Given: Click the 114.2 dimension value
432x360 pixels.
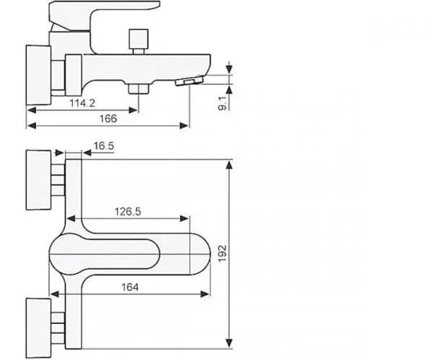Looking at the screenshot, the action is [82, 103].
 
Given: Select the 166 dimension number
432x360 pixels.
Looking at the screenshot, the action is [108, 119].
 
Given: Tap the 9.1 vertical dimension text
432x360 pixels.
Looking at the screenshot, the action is [222, 104].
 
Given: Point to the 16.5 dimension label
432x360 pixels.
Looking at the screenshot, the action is [104, 146].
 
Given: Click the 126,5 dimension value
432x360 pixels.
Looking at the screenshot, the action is [127, 212].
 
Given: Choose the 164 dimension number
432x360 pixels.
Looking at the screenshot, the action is [130, 287].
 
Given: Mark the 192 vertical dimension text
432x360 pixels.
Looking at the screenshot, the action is [222, 253].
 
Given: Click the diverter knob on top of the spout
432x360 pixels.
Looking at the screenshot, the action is [138, 39].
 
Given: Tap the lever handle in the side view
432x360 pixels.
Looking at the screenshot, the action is [104, 15].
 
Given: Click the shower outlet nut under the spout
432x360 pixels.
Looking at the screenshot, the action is [138, 89].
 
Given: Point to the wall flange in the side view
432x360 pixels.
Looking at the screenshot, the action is [38, 75].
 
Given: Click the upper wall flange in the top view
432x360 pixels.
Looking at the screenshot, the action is [38, 180].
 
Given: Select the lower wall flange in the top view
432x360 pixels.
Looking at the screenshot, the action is [38, 328].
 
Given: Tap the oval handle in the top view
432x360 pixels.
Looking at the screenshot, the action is [104, 253].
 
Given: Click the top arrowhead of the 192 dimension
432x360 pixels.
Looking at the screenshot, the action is [229, 164].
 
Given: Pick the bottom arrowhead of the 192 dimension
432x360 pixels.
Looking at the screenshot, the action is [229, 343].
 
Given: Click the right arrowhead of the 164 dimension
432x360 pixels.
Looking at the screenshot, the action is [205, 294].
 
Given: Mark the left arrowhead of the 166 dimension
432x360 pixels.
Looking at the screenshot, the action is [32, 126].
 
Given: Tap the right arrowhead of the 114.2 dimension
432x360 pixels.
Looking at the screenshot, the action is [132, 110].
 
